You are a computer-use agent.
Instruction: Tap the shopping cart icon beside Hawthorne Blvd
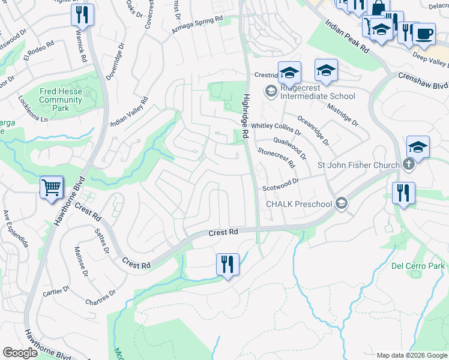51,187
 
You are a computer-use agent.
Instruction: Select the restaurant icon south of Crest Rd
228,264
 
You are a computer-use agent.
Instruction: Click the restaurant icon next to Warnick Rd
82,14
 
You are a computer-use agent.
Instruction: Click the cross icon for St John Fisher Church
408,165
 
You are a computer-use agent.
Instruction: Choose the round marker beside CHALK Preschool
342,203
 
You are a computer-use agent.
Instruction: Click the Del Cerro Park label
418,266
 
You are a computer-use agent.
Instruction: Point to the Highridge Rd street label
245,116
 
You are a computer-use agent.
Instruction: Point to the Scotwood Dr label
280,184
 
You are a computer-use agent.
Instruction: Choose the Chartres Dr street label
100,298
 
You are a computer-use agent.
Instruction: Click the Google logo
20,353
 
